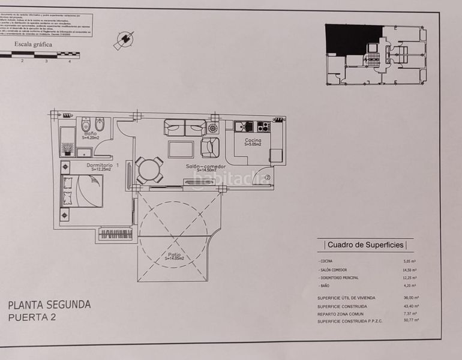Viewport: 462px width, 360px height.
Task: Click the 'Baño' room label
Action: pos(91,134)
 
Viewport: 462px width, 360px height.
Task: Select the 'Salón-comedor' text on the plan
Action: pos(205,167)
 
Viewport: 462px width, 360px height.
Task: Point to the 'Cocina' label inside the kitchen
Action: pos(253,140)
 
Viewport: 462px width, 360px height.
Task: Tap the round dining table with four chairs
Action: pos(149,170)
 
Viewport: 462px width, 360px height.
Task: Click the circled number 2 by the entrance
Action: pos(268,178)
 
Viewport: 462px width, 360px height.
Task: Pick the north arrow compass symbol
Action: pos(124,40)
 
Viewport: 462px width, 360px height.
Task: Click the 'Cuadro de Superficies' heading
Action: pos(365,245)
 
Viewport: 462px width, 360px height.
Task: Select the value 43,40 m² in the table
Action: pos(411,306)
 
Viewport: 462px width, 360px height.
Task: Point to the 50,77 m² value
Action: pos(411,320)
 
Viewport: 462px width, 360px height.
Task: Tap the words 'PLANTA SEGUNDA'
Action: pos(49,305)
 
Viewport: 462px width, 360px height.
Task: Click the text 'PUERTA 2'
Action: pos(32,318)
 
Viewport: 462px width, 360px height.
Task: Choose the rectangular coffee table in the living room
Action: pos(181,149)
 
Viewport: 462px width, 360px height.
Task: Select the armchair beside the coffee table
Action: pos(209,147)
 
